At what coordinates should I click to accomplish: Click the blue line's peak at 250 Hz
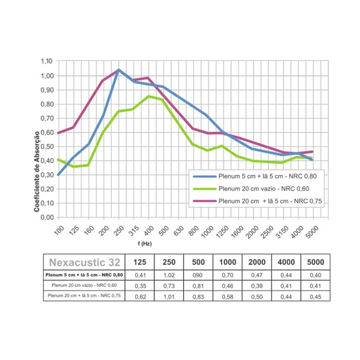click(118, 70)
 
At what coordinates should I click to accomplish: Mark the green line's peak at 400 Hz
click(149, 96)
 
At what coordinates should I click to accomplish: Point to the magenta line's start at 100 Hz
click(58, 132)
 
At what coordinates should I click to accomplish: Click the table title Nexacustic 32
click(85, 262)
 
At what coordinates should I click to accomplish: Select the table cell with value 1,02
click(169, 275)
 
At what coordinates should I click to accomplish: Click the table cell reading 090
click(198, 275)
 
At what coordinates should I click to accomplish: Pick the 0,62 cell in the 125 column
click(140, 295)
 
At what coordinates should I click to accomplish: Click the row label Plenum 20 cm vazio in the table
click(85, 285)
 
